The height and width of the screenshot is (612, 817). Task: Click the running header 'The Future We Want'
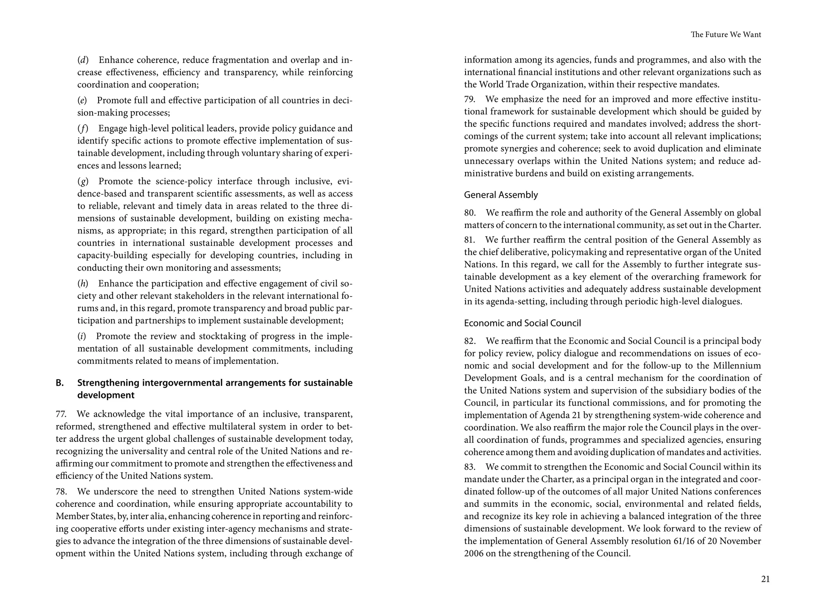[x=726, y=35]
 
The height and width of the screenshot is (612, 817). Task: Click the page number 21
[x=765, y=579]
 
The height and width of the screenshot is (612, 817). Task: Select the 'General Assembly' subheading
[x=501, y=195]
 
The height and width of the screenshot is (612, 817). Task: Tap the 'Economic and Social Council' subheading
[x=522, y=323]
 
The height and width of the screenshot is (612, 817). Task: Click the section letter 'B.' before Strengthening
[x=60, y=383]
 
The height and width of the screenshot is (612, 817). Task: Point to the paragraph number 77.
[x=61, y=414]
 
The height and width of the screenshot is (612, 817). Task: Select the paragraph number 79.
[x=470, y=99]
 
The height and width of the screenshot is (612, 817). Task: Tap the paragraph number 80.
[x=470, y=213]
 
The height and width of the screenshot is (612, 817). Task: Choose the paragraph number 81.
[x=470, y=240]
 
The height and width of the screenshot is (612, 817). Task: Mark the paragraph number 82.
[x=470, y=341]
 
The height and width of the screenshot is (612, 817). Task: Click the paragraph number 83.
[x=470, y=467]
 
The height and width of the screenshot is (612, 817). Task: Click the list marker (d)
[x=83, y=60]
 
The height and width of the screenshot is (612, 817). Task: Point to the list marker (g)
[x=83, y=182]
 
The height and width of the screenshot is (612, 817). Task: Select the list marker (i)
[x=82, y=336]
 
